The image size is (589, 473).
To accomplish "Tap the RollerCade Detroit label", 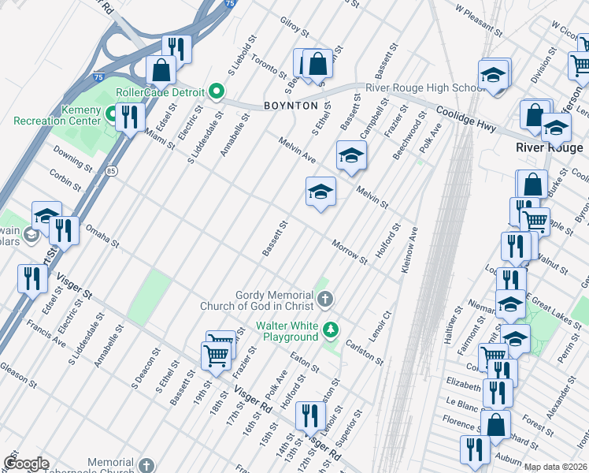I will (x=161, y=91).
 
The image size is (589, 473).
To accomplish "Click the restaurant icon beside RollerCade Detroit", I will (x=127, y=116).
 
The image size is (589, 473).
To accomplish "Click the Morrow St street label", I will (x=350, y=251).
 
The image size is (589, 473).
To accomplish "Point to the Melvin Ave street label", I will (x=295, y=150).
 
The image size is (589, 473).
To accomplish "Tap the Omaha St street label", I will (x=102, y=236).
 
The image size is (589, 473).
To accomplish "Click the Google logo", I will (x=27, y=463).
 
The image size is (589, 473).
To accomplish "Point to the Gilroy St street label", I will (x=294, y=28).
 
